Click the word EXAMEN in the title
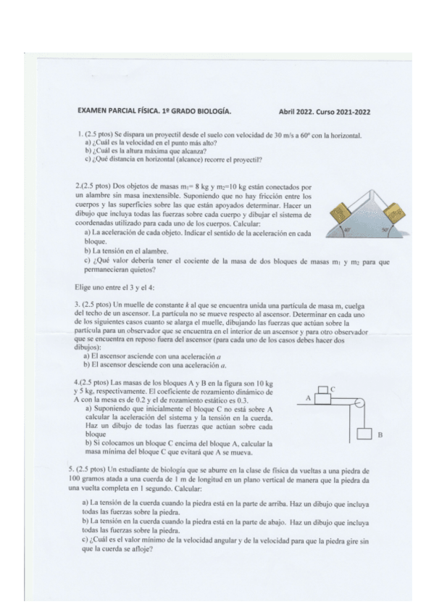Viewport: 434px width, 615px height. [93, 112]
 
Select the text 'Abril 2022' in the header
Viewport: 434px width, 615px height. [297, 112]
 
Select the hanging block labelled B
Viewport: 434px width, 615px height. [364, 435]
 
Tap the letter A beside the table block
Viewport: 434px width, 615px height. [307, 398]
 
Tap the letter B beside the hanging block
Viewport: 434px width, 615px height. [380, 436]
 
